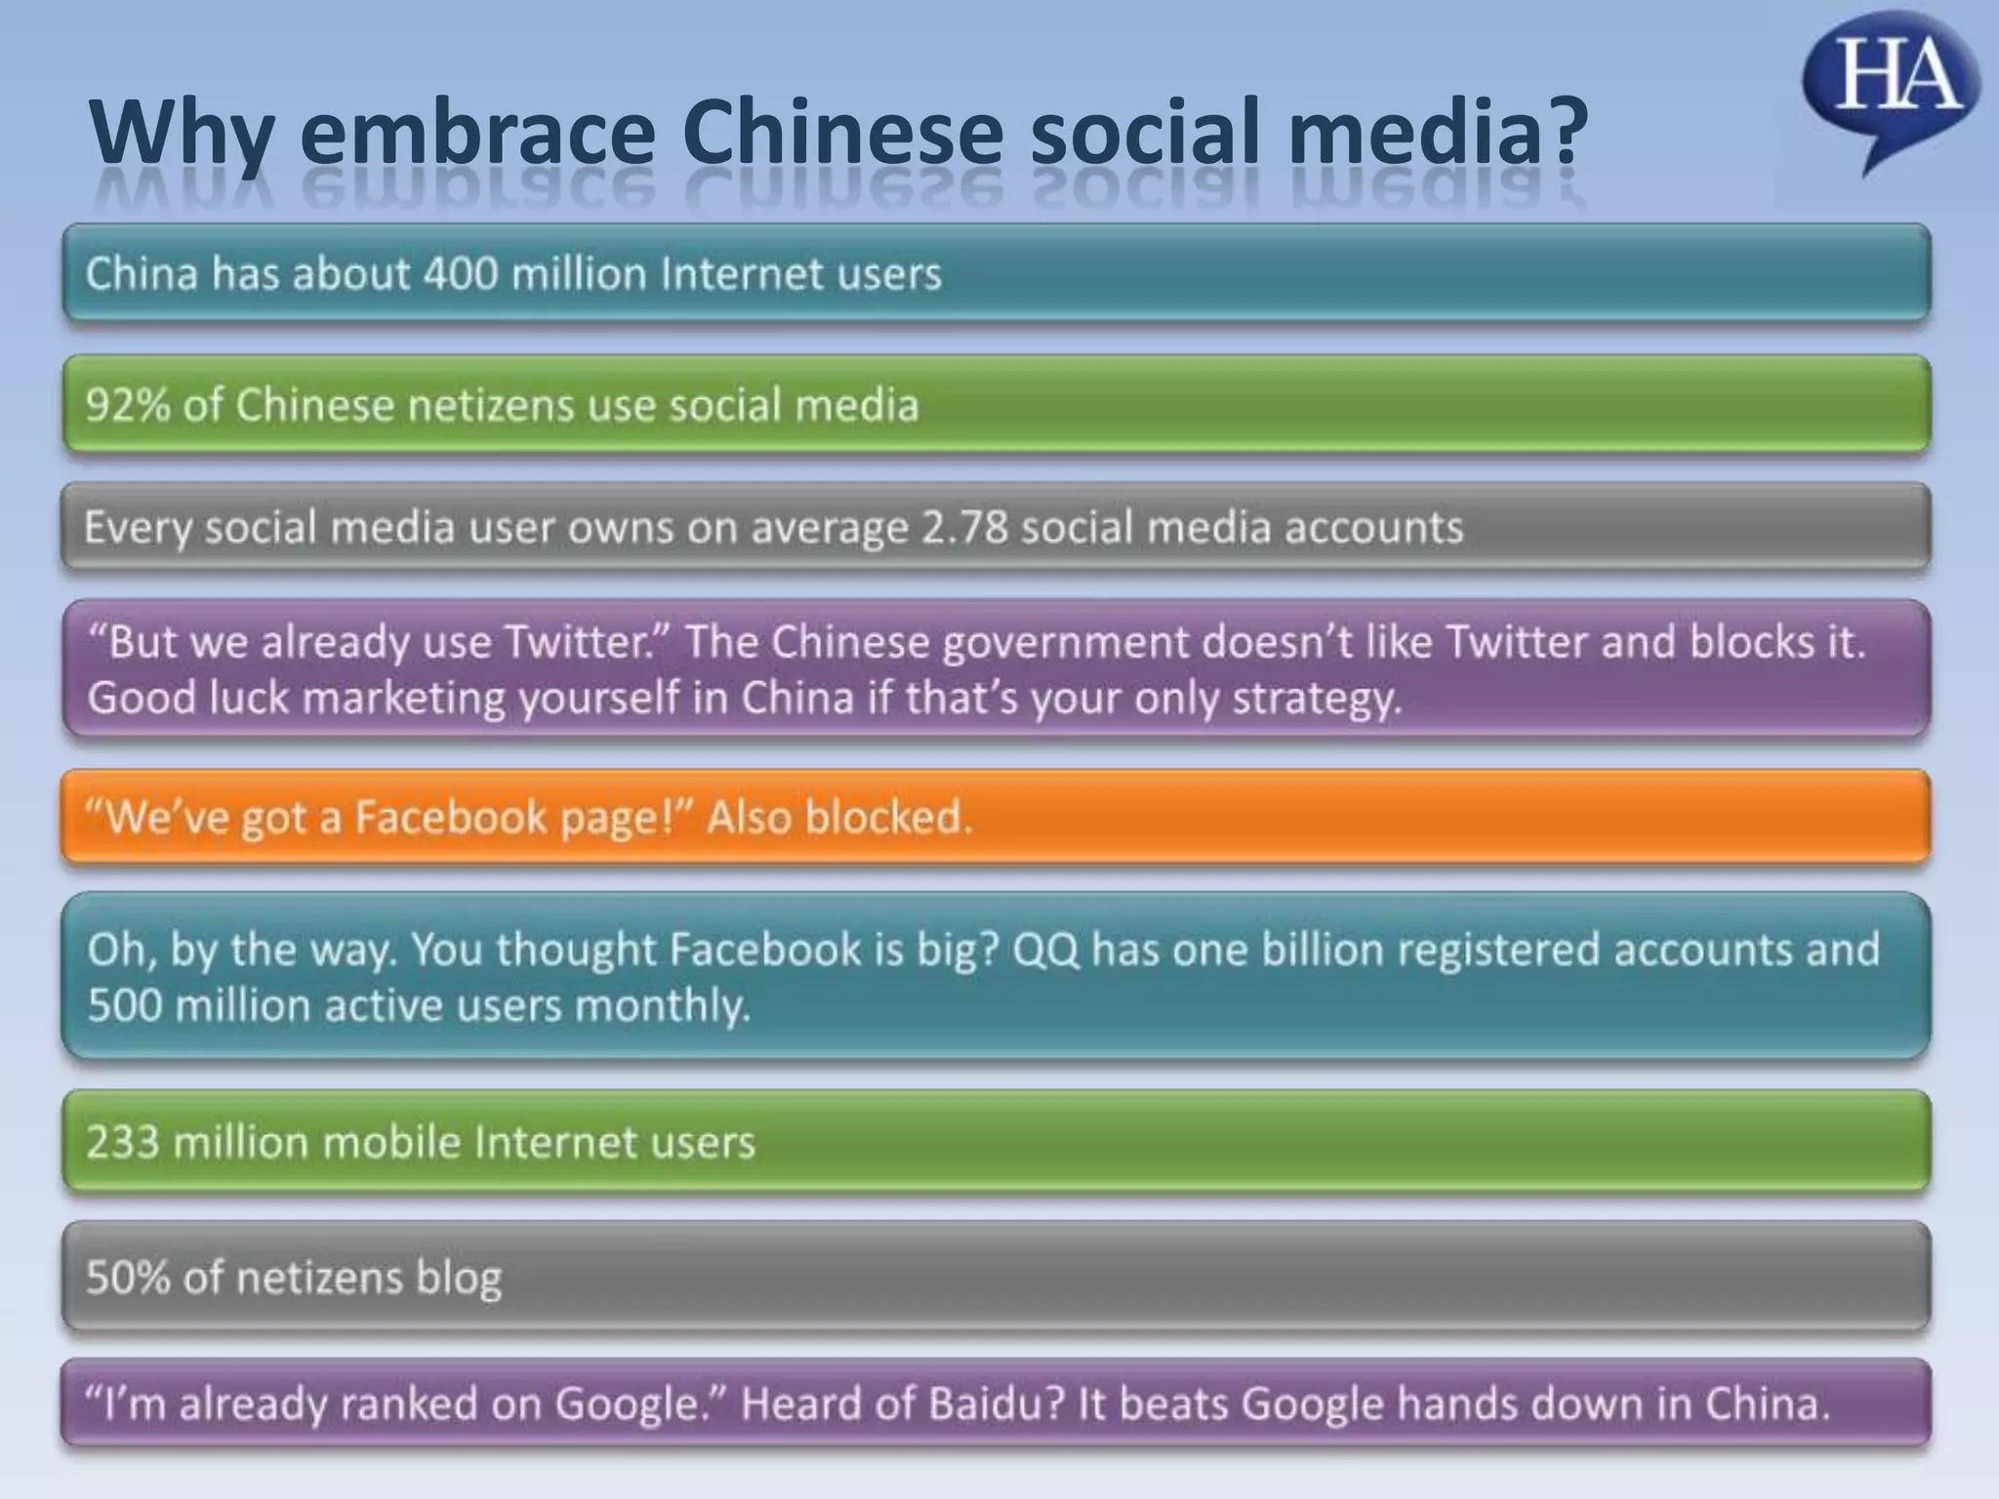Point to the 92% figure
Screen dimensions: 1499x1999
128,405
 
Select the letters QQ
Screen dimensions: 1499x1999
1045,950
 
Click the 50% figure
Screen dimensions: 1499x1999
128,1277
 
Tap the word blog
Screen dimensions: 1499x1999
459,1278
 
